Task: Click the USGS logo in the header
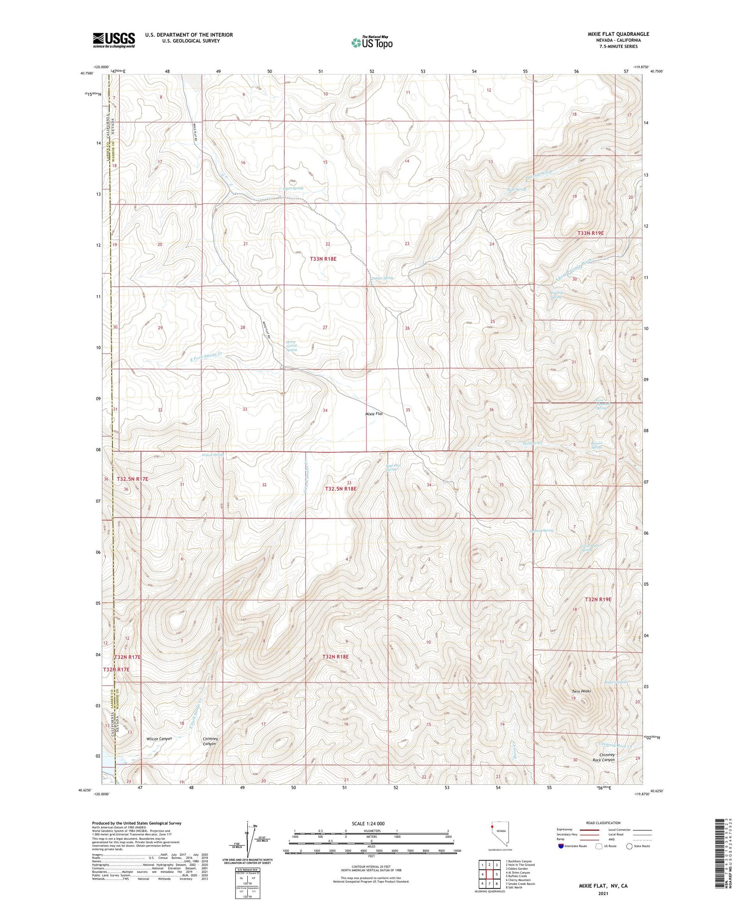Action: click(114, 40)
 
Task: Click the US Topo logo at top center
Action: click(372, 43)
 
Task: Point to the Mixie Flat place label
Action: click(374, 414)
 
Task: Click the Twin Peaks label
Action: click(581, 691)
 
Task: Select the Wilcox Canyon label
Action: click(159, 738)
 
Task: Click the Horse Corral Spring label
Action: click(292, 346)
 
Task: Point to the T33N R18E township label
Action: click(323, 259)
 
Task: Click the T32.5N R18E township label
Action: click(341, 489)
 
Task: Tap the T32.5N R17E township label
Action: click(132, 479)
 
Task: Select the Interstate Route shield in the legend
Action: click(561, 846)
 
